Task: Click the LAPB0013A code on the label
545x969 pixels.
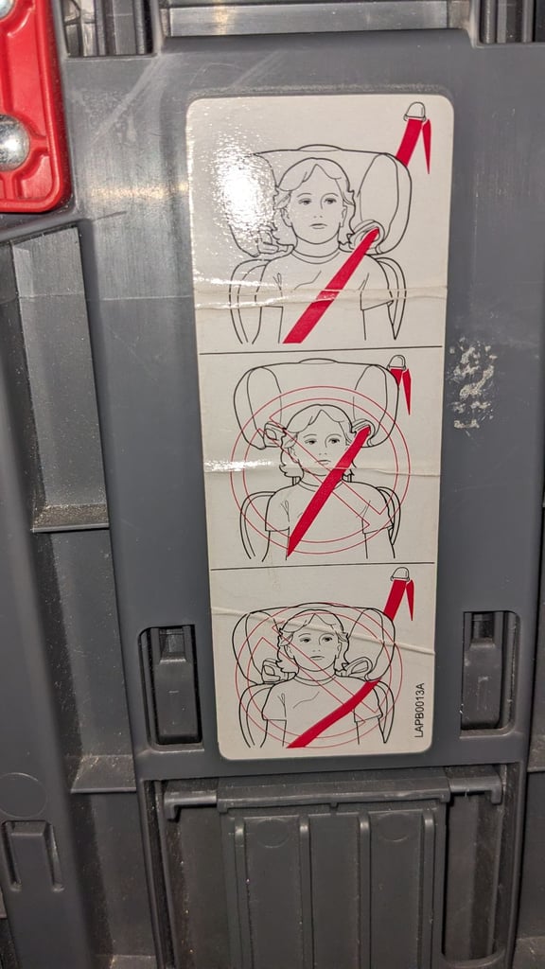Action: point(419,710)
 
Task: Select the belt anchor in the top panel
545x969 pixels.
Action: point(416,112)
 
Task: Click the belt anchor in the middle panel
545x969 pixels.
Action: point(396,362)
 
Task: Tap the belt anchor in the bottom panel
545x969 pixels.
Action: point(401,574)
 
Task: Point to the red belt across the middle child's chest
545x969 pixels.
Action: point(328,490)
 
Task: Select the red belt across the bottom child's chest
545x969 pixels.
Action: point(334,714)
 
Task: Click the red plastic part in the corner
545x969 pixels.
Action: point(32,105)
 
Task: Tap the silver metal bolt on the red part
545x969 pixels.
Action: point(12,143)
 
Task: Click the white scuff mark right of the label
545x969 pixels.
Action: point(473,382)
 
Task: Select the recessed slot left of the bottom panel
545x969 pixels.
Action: point(171,685)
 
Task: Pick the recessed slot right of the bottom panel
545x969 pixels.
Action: point(489,670)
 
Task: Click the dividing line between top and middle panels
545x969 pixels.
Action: point(320,350)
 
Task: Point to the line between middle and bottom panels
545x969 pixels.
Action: point(322,565)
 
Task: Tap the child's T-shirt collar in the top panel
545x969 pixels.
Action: point(315,255)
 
